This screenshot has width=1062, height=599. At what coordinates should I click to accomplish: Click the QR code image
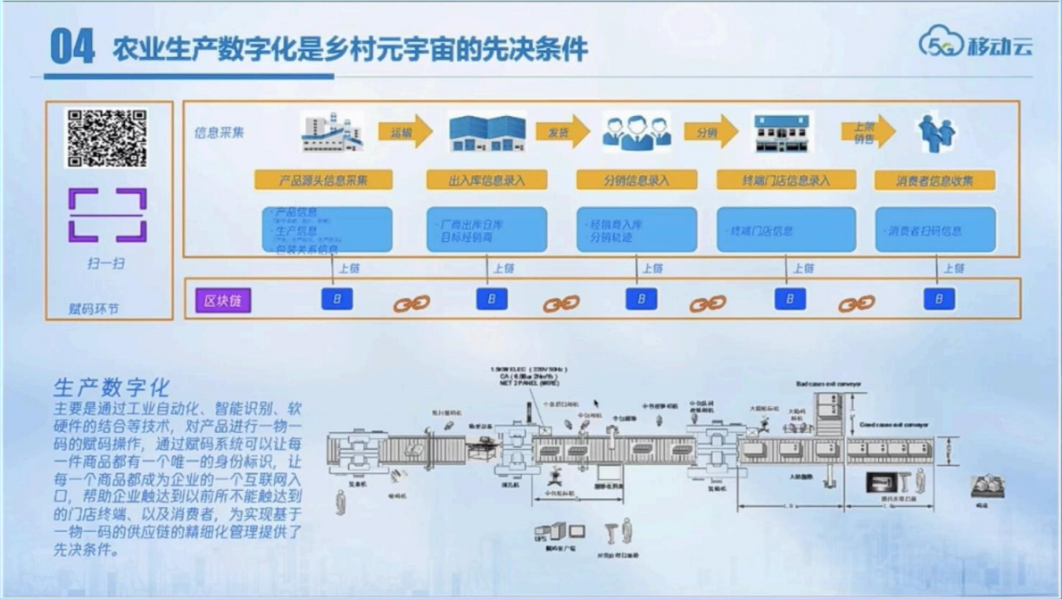(107, 138)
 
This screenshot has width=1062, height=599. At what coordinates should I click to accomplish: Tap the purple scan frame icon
(107, 215)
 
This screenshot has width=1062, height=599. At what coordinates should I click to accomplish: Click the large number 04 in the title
(72, 46)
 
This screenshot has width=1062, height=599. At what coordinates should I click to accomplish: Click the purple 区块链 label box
(223, 300)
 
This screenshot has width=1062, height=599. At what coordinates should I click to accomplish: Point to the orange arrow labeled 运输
(404, 132)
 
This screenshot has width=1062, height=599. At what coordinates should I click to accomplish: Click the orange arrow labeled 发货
(562, 132)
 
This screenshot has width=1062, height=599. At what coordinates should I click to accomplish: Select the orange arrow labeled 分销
(711, 132)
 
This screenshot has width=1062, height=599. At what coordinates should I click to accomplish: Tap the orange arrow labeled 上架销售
(867, 133)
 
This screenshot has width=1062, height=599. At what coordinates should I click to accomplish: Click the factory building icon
(332, 133)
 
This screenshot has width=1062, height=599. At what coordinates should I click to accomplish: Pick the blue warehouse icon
(486, 133)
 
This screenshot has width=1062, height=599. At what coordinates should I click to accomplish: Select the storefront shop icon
(783, 133)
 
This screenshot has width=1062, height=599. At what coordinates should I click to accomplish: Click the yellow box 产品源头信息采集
(323, 180)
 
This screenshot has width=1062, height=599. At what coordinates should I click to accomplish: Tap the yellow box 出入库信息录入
(486, 180)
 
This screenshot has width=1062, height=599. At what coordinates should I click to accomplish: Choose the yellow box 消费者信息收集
(934, 180)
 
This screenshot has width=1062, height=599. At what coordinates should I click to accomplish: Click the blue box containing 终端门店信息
(786, 230)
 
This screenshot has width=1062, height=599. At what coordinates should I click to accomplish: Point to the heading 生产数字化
(112, 388)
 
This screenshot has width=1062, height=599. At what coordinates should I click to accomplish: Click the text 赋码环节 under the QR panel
(94, 309)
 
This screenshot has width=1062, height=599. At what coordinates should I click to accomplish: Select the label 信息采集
(220, 133)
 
